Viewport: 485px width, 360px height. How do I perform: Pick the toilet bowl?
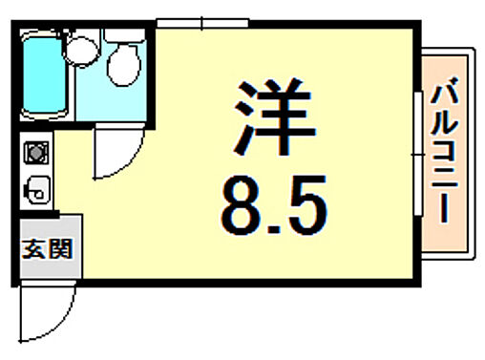pos(121,65)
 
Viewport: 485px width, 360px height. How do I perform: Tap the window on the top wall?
pos(203,23)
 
